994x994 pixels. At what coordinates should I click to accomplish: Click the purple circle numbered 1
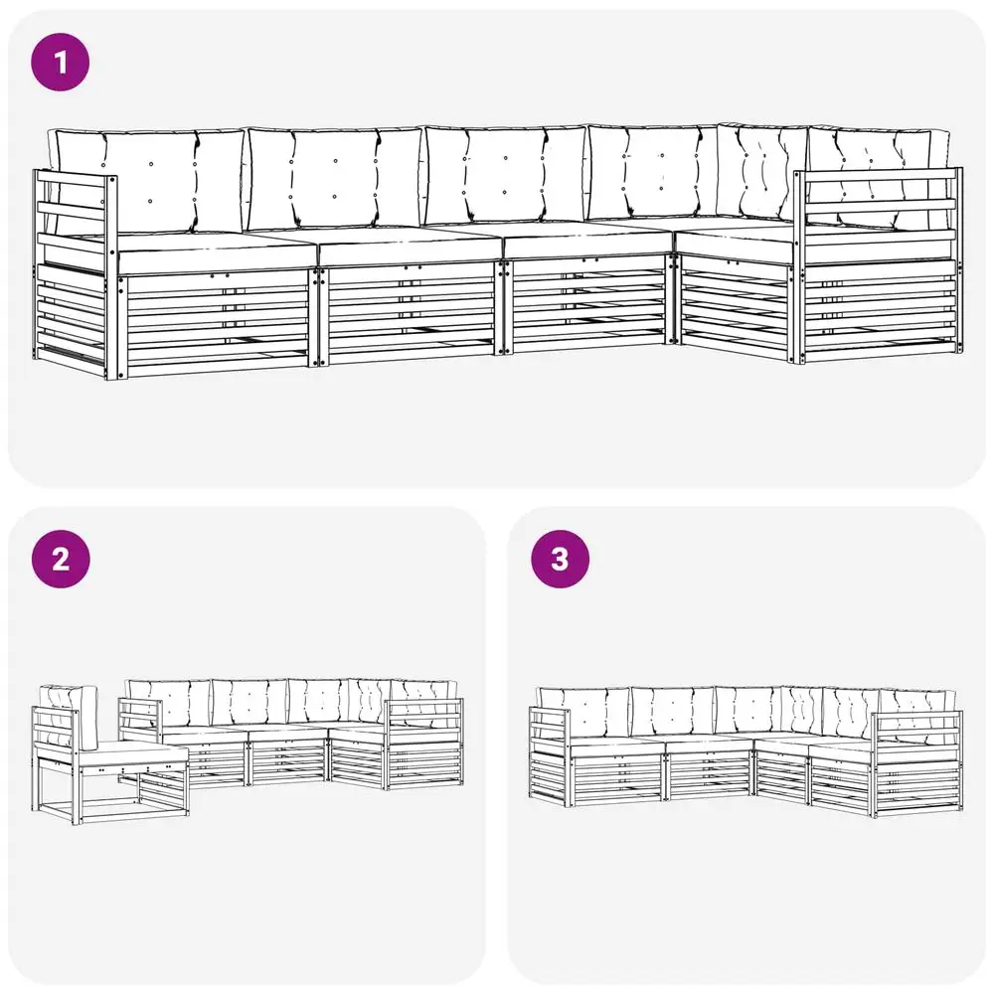click(61, 62)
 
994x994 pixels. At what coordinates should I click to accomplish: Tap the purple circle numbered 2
click(61, 559)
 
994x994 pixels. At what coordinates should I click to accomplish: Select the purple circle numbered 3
click(561, 559)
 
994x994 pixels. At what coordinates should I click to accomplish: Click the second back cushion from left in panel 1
click(335, 179)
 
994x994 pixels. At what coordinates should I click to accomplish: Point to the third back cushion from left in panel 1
click(505, 175)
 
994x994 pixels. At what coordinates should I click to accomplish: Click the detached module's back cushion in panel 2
click(70, 717)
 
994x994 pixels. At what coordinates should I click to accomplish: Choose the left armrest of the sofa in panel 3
click(549, 755)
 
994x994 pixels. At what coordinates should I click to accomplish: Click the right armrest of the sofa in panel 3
click(916, 763)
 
